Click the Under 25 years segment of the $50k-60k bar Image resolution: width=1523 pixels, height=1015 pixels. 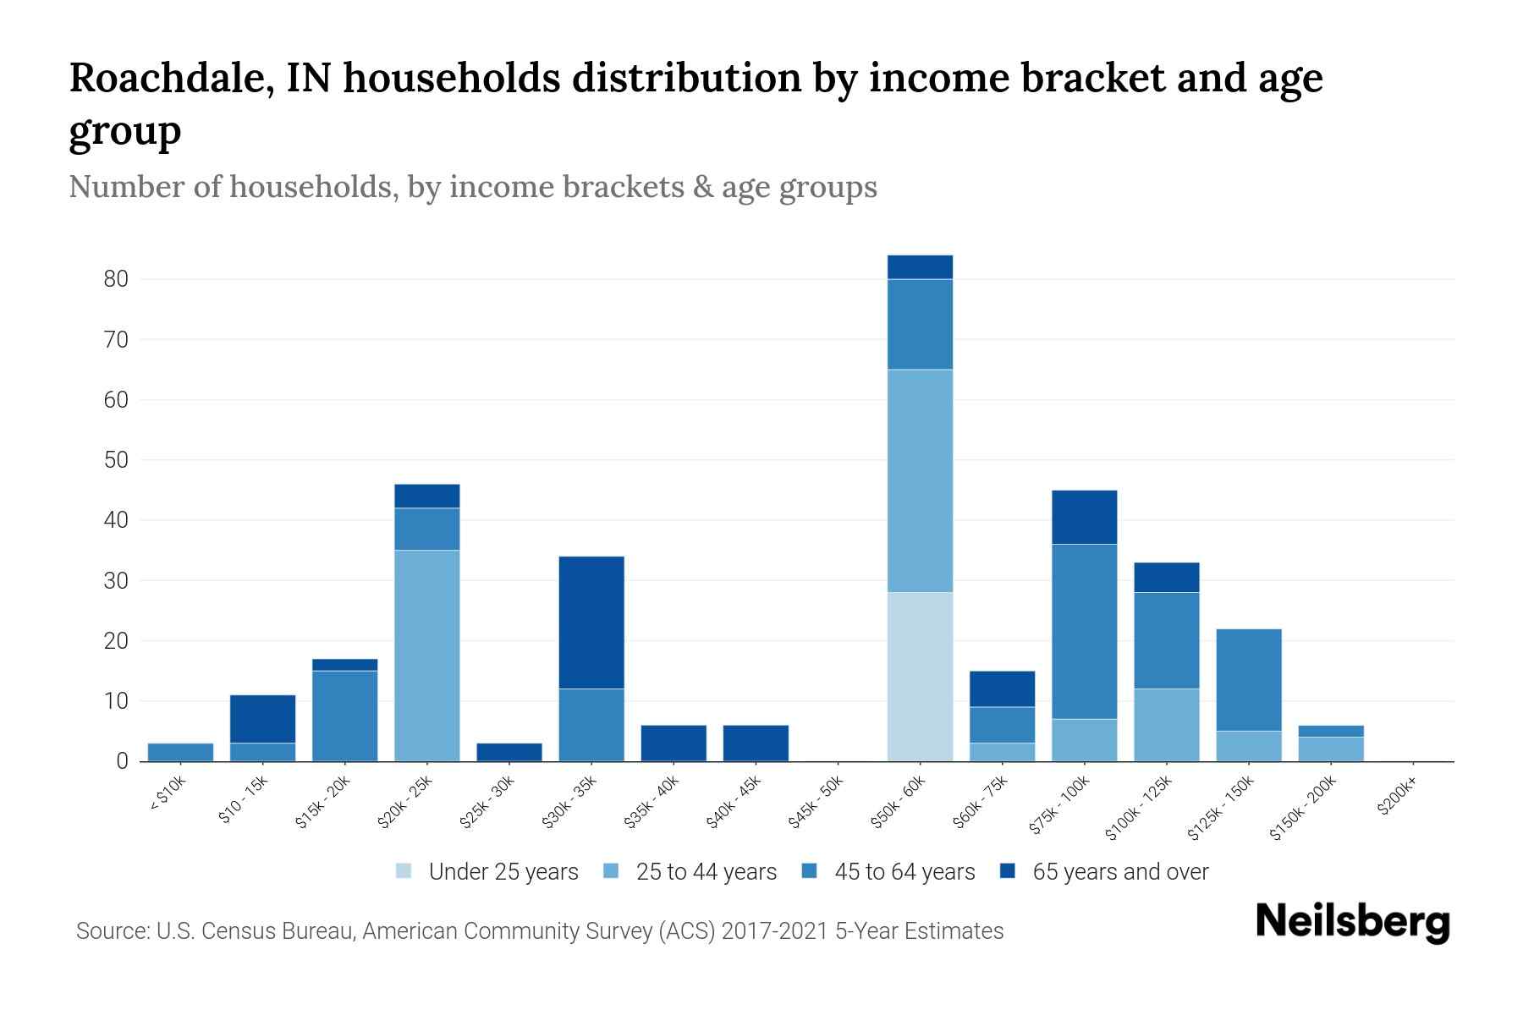[x=920, y=677]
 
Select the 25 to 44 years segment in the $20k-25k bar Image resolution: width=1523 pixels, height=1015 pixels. [x=427, y=656]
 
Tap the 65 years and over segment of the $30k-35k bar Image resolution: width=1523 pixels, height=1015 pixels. [x=591, y=623]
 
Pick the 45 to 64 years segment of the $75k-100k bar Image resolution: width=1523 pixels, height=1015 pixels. [x=1084, y=631]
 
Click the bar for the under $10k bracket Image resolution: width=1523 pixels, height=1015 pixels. [x=180, y=752]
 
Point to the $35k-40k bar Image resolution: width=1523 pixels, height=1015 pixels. [x=674, y=743]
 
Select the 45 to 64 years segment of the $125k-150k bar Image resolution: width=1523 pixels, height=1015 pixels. [x=1249, y=680]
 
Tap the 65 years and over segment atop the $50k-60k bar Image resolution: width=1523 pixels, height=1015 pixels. [x=920, y=267]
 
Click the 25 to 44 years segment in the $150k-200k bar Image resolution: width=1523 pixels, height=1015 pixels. [x=1331, y=749]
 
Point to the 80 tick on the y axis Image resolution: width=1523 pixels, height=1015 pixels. [x=116, y=279]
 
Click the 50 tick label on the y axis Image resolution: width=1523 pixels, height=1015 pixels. [x=116, y=460]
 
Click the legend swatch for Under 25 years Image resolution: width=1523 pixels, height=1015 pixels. [x=404, y=871]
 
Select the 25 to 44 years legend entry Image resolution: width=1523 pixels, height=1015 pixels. [x=706, y=872]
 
